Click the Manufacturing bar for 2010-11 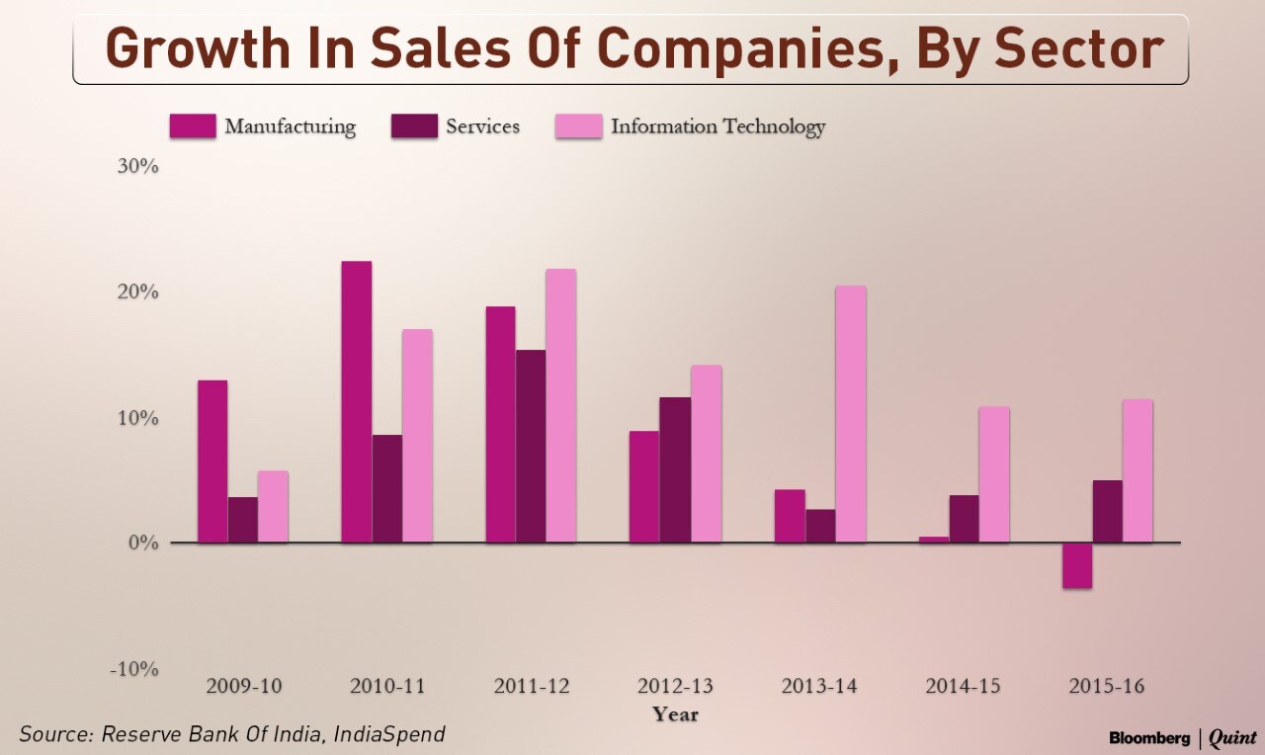coord(357,401)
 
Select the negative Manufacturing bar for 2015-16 coord(1077,565)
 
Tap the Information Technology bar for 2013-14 coord(850,414)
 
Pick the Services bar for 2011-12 coord(531,446)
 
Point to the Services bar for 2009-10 coord(242,520)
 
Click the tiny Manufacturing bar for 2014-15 coord(934,540)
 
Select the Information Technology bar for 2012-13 coord(706,454)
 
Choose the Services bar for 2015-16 coord(1107,511)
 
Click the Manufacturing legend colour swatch coord(193,126)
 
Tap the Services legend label coord(482,126)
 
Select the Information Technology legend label coord(717,126)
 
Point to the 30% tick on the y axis coord(138,166)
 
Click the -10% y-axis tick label coord(134,669)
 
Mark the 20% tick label coord(138,293)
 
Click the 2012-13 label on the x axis coord(675,686)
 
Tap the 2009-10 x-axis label coord(243,686)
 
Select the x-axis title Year coord(675,713)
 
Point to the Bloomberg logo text coord(1148,737)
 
